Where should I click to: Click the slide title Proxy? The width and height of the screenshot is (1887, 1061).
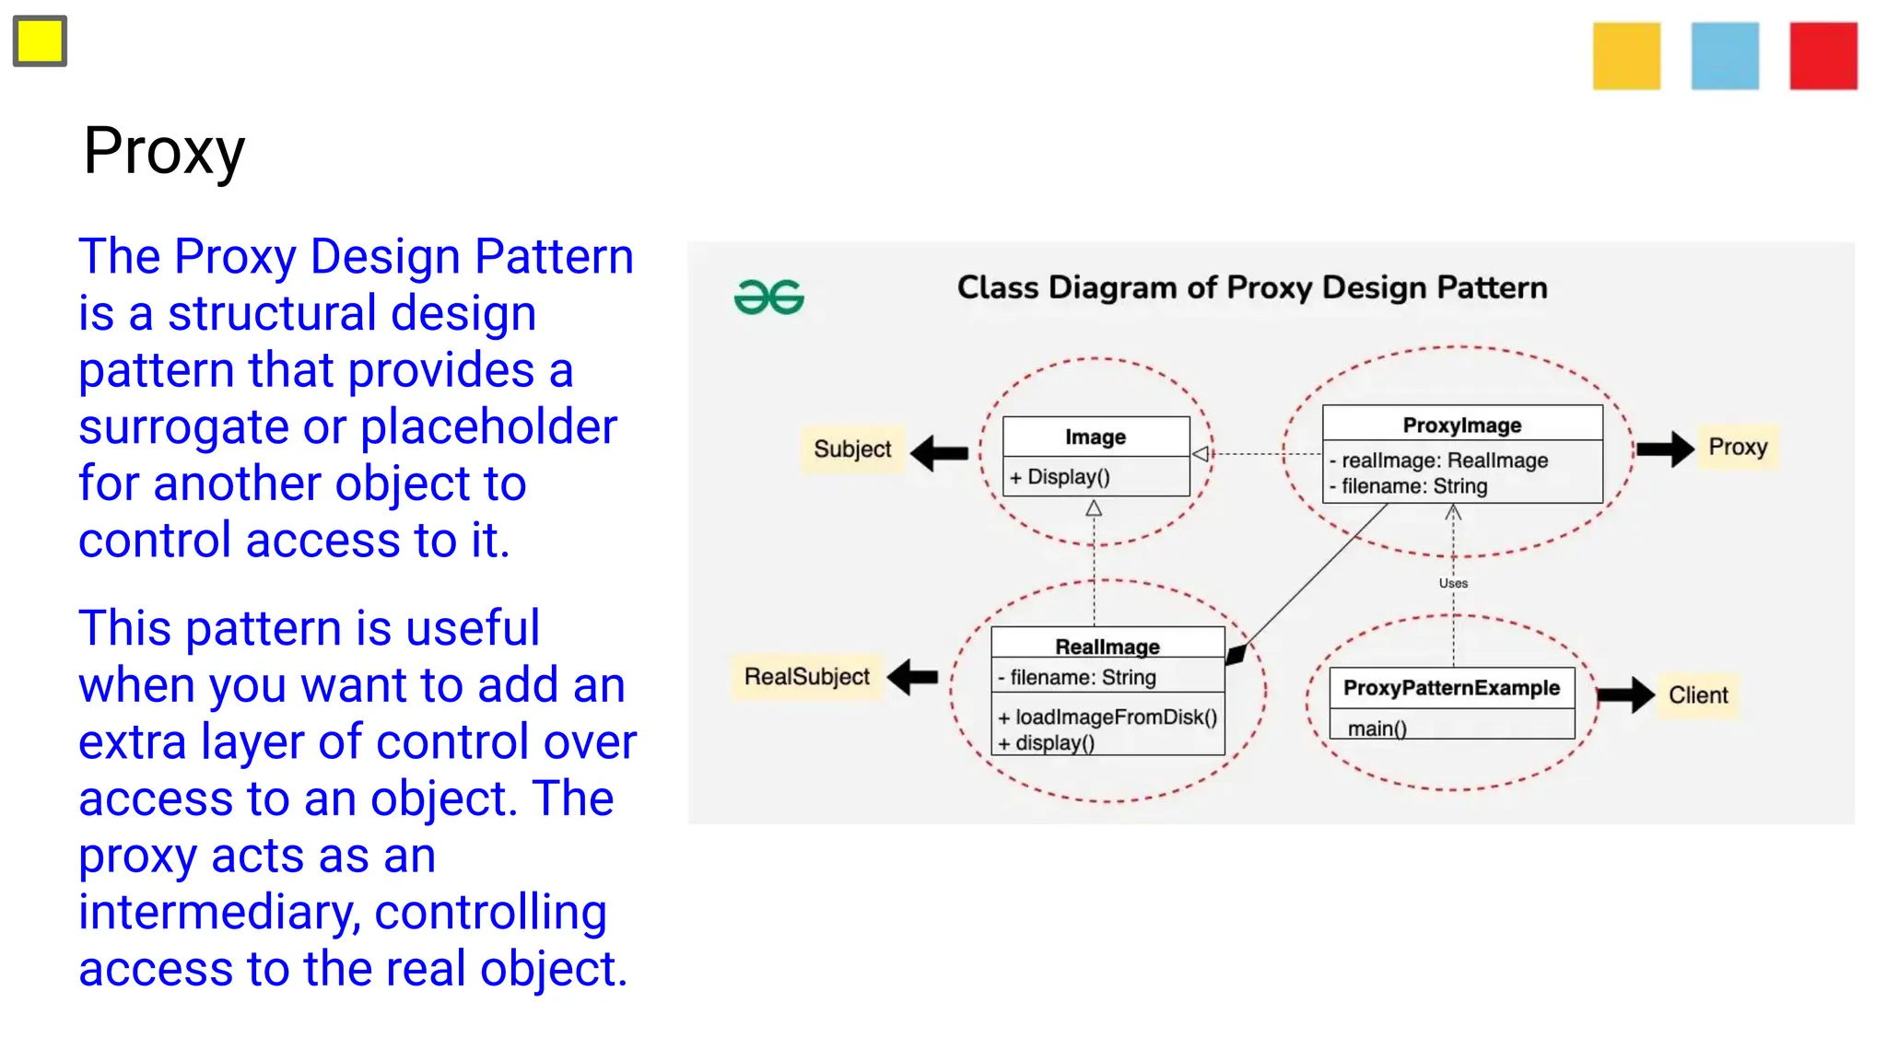point(164,151)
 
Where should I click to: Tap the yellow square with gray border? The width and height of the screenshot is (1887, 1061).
point(40,41)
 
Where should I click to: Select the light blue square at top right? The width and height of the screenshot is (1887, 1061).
point(1725,56)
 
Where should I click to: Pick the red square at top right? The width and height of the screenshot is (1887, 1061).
point(1823,56)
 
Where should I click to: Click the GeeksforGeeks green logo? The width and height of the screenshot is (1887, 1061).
point(768,297)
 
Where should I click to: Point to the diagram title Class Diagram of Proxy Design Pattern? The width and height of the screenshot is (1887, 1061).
point(1251,288)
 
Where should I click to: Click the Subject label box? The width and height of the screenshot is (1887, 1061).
point(852,449)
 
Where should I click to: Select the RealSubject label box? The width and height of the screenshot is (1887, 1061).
point(806,677)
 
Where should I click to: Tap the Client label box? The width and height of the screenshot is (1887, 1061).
point(1697,695)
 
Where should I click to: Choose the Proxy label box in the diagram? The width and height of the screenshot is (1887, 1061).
point(1737,448)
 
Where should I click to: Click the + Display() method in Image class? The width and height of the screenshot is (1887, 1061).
point(1060,477)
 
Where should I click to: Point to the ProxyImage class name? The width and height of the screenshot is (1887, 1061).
point(1461,426)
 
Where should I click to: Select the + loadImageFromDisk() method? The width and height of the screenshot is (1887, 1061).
point(1108,717)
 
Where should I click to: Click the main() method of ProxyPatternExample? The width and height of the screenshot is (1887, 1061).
point(1377,729)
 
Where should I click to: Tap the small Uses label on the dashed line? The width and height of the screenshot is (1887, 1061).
point(1453,583)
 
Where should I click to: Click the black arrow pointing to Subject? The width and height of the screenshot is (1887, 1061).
point(939,452)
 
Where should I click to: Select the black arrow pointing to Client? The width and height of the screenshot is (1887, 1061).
point(1626,695)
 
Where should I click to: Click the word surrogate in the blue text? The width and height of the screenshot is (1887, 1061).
point(183,427)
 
